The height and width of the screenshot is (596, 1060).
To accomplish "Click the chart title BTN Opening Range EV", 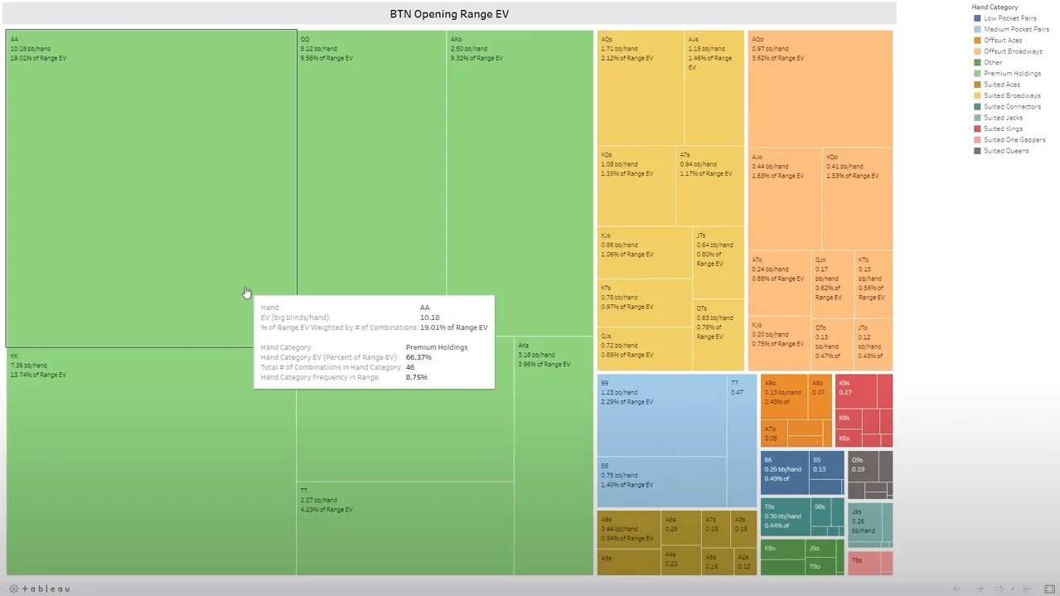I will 449,14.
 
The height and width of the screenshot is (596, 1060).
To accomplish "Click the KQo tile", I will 857,199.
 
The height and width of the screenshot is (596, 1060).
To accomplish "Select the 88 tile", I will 661,481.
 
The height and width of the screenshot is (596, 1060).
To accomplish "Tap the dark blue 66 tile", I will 784,472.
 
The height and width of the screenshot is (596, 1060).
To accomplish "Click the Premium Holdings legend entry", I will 1011,74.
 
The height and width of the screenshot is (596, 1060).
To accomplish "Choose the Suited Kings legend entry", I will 1003,129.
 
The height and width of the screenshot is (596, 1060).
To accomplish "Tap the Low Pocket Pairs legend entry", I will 1009,18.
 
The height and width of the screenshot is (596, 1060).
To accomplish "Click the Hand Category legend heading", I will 995,7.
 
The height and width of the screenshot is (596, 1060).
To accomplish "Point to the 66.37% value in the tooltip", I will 419,357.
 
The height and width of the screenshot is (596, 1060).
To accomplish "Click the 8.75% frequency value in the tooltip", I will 416,377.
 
